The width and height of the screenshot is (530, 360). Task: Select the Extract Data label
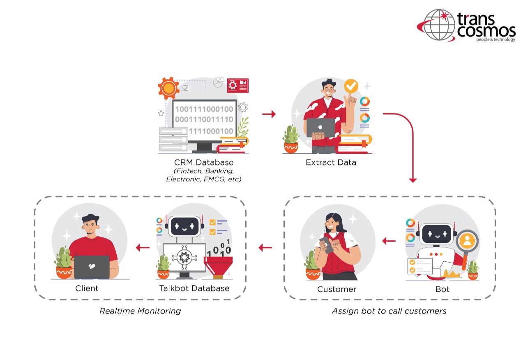331,162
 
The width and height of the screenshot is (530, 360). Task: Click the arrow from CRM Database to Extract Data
269,114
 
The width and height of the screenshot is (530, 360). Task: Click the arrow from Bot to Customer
389,241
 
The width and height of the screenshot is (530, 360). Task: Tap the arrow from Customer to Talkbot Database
265,247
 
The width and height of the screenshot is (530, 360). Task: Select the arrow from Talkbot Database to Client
143,247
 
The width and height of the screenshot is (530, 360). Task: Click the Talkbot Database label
194,288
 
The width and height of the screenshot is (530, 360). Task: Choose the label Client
87,288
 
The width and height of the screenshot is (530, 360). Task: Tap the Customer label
336,289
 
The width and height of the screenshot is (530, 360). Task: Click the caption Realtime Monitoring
140,311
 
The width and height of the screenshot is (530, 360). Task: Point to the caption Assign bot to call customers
389,311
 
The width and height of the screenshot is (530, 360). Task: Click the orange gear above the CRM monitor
168,88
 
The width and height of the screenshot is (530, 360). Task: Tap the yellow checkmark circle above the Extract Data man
351,86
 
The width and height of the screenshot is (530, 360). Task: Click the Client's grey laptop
92,267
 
